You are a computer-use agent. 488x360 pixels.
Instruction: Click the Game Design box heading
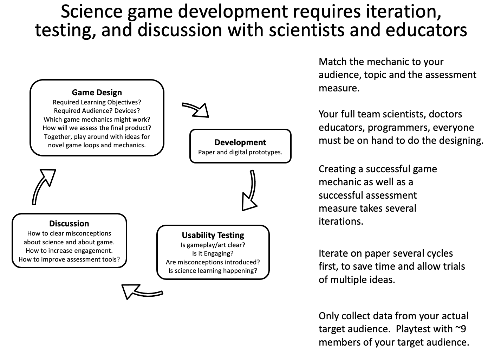point(97,92)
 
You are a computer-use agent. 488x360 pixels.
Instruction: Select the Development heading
point(240,142)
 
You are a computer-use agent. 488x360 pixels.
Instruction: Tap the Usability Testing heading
point(213,235)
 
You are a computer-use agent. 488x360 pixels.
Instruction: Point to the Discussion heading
point(69,224)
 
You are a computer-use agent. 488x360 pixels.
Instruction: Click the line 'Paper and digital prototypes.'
point(240,152)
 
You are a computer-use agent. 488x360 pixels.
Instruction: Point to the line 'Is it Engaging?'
point(213,253)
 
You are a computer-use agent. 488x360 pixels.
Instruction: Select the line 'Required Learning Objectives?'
point(97,102)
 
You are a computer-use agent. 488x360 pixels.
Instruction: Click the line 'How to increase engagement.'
point(69,251)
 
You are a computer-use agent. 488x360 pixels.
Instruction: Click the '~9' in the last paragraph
point(460,329)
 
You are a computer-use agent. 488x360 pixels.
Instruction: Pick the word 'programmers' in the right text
point(399,128)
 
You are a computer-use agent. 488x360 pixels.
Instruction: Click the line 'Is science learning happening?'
point(213,271)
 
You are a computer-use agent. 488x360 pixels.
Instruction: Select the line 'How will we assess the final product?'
point(97,128)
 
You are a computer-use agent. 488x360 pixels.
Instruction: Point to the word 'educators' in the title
point(426,30)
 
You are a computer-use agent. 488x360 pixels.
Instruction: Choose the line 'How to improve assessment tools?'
point(69,259)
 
